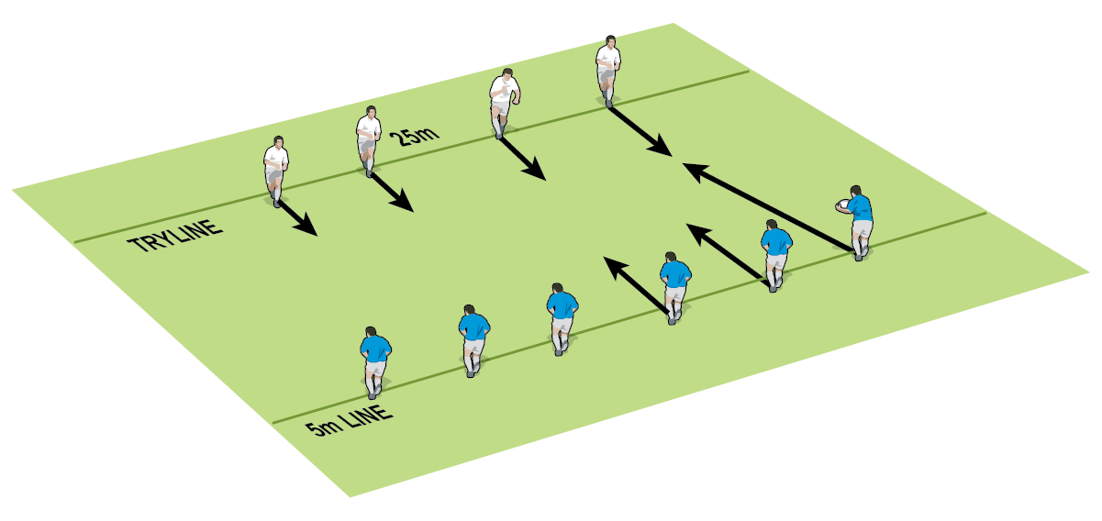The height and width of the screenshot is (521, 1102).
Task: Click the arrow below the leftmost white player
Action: click(x=298, y=217)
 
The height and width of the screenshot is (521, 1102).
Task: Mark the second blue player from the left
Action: click(x=473, y=340)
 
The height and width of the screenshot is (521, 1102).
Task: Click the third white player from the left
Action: click(x=502, y=102)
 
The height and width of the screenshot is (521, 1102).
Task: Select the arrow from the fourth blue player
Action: click(x=636, y=283)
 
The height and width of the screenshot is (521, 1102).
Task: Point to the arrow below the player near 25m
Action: click(x=393, y=192)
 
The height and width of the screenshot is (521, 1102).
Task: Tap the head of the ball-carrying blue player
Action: click(x=857, y=191)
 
